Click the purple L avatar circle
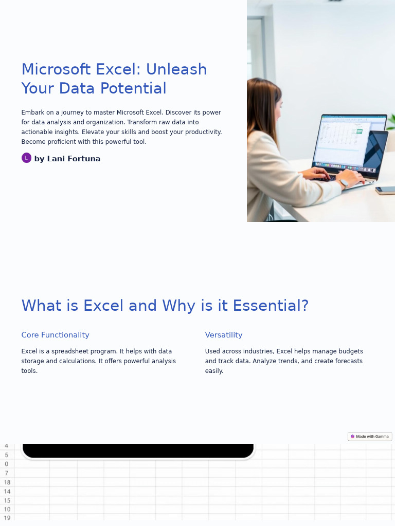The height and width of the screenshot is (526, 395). (26, 158)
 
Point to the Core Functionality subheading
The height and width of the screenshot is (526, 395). (55, 335)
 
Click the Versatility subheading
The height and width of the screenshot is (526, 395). (223, 335)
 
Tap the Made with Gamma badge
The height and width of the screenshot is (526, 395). (370, 437)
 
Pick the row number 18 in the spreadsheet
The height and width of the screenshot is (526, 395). (7, 482)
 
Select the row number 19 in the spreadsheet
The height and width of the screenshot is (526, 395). (7, 518)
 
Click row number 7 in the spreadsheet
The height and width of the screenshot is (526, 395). (7, 473)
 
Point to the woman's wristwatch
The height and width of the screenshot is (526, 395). (343, 182)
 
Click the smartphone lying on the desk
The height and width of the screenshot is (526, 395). (385, 190)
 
